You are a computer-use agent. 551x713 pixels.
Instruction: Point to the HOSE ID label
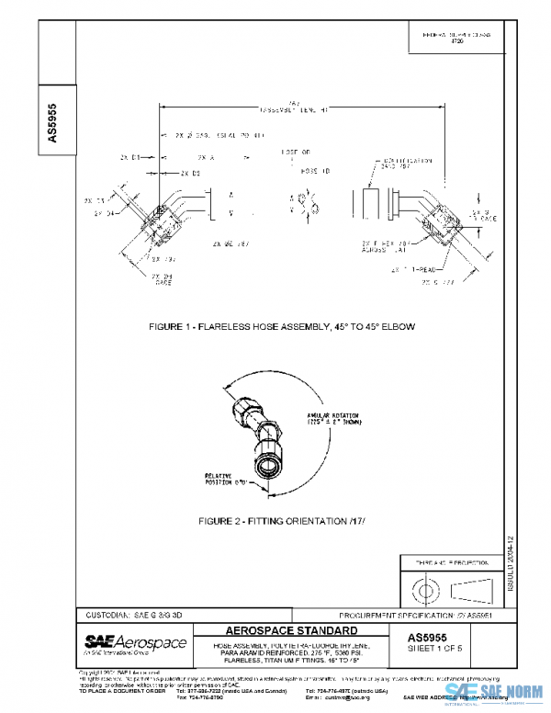tap(291, 172)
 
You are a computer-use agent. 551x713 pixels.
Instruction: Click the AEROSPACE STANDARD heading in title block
tap(291, 631)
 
